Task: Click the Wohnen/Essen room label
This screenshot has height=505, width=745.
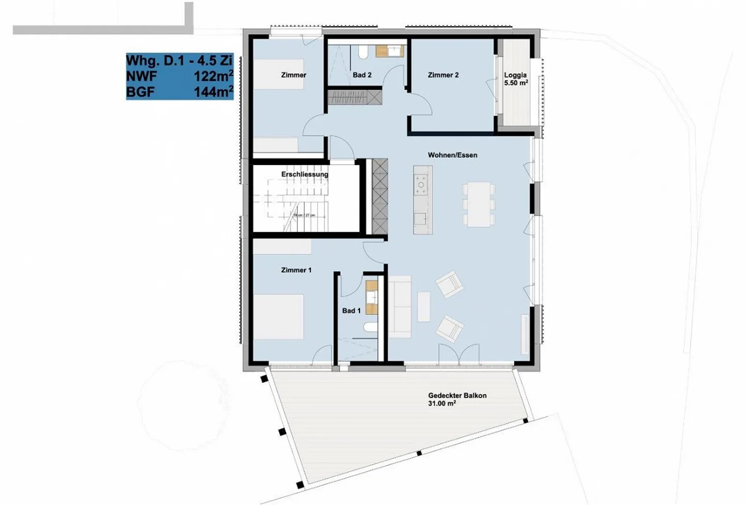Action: click(x=452, y=155)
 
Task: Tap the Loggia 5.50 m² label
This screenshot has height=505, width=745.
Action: click(x=516, y=79)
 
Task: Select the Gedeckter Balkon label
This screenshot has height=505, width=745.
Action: click(x=457, y=399)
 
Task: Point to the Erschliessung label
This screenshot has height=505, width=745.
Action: click(x=305, y=174)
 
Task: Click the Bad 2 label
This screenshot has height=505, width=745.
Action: click(x=362, y=75)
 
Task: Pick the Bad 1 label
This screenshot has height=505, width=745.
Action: click(x=351, y=311)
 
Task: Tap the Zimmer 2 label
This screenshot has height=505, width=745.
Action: click(x=443, y=75)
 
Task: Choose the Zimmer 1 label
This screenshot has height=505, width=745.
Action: click(x=296, y=270)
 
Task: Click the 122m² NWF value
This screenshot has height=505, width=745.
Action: click(x=213, y=76)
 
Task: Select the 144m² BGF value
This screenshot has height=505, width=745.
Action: click(x=213, y=92)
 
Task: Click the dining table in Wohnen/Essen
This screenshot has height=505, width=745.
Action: click(x=479, y=204)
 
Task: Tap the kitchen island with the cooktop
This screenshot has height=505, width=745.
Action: click(x=422, y=200)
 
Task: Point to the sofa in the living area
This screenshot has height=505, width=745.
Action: click(x=399, y=306)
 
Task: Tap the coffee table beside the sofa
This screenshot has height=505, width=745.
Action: click(x=424, y=306)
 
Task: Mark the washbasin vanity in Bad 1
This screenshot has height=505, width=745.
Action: click(x=372, y=298)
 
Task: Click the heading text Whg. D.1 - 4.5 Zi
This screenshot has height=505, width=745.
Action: click(x=179, y=60)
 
